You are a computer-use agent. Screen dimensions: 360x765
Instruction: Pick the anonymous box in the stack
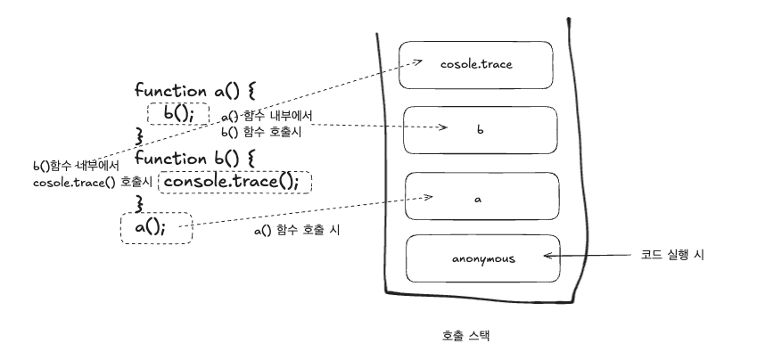[x=482, y=259]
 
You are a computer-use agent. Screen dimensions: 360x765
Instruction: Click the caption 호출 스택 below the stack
[x=465, y=336]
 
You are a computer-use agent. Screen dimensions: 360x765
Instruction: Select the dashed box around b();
[x=177, y=113]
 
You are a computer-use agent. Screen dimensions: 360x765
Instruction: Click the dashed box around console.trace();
[x=235, y=182]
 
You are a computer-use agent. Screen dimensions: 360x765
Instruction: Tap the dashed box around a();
[x=155, y=227]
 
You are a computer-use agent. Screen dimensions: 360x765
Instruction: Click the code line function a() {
[x=194, y=90]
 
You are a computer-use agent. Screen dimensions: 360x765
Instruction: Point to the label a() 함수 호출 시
[x=297, y=230]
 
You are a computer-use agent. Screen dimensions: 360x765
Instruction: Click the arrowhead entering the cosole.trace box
[x=418, y=62]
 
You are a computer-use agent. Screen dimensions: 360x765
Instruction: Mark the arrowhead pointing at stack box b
[x=442, y=128]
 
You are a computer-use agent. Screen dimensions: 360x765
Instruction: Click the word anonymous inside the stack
[x=482, y=259]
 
